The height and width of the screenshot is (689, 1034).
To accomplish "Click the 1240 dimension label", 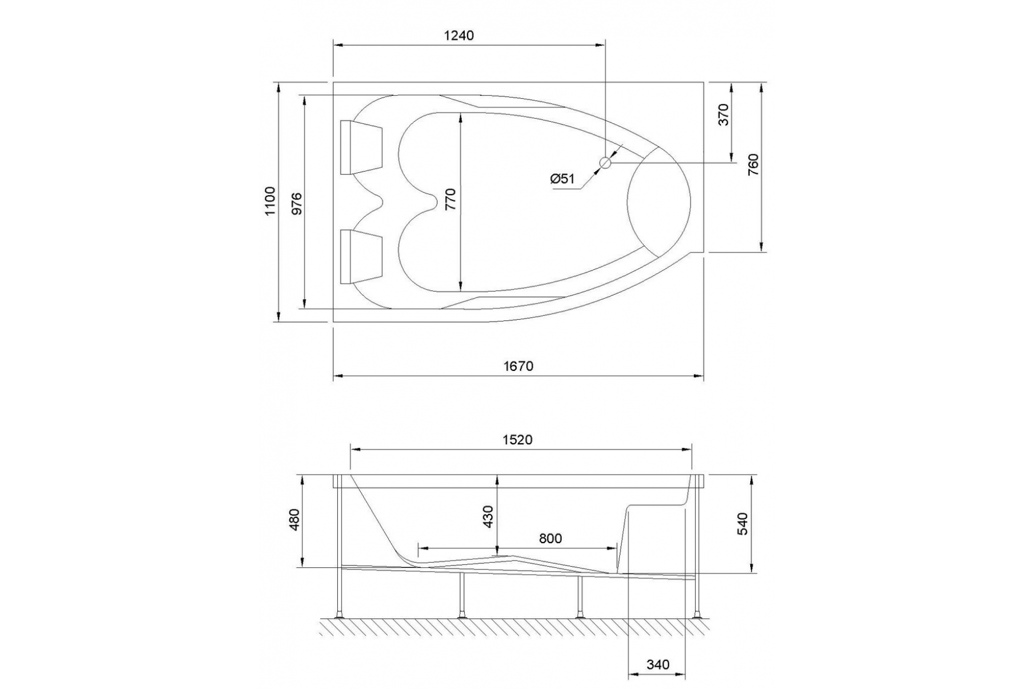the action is [459, 36].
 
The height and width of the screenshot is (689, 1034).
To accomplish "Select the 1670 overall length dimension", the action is [519, 366].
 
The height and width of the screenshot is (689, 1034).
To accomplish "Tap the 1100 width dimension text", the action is [271, 201].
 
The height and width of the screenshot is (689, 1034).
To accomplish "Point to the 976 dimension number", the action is [296, 203].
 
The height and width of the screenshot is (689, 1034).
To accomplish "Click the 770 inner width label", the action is [450, 199].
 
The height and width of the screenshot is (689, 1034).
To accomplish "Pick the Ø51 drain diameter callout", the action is [562, 179].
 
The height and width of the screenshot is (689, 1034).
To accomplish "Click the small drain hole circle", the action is [605, 163].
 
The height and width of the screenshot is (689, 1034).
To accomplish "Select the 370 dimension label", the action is [723, 114].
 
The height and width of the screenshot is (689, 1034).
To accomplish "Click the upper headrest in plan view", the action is [361, 147].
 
